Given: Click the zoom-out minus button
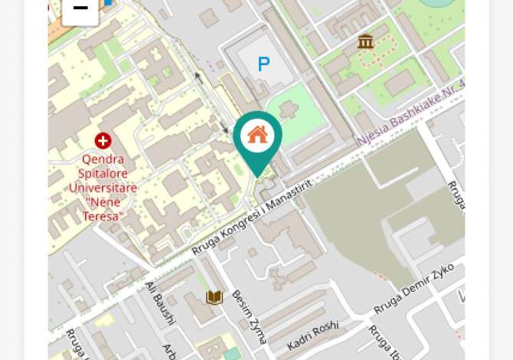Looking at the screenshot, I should (x=80, y=10).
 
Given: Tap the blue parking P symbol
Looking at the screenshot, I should (x=263, y=65).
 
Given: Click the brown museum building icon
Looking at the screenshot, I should (x=365, y=41).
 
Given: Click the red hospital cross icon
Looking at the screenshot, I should (x=103, y=140).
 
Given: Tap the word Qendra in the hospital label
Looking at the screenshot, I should (x=103, y=159).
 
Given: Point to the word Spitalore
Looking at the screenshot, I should (x=103, y=174).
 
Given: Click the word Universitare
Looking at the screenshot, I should (x=103, y=188).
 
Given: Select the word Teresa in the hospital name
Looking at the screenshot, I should (x=103, y=216).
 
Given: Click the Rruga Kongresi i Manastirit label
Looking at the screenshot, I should (x=253, y=218).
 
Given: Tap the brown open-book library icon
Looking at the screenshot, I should (x=214, y=297).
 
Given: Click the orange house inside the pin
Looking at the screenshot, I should (x=257, y=135).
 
